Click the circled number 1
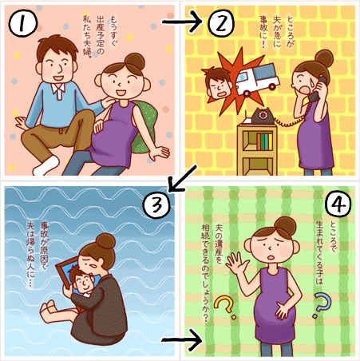click(x=22, y=23)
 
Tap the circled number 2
click(x=221, y=23)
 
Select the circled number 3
click(x=156, y=205)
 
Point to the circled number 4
click(x=338, y=204)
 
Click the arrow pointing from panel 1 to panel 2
click(x=182, y=22)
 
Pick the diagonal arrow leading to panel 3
click(x=182, y=178)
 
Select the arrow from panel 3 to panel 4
click(x=182, y=340)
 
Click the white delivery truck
click(x=258, y=79)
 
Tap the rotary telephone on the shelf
click(x=263, y=116)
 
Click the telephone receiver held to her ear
click(x=317, y=89)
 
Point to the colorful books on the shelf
click(x=264, y=141)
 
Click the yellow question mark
click(x=225, y=307)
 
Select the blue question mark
click(x=322, y=305)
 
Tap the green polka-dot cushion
click(x=145, y=125)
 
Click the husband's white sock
click(x=45, y=166)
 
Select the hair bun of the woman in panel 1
click(x=135, y=61)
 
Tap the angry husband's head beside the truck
click(x=218, y=82)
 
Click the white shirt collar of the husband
click(x=58, y=89)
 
